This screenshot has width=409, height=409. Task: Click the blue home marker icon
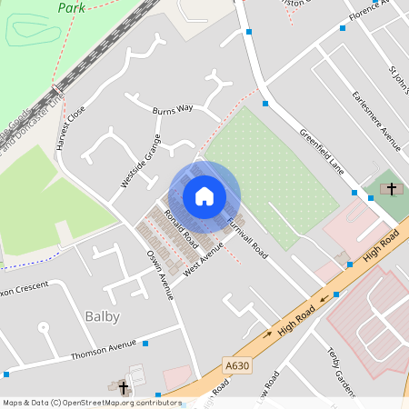[x=204, y=196]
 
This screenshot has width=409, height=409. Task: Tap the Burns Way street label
[x=173, y=108]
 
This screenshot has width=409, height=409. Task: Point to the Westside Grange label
[x=141, y=162]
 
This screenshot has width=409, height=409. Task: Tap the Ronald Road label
[x=182, y=229]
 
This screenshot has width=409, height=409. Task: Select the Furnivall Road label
[x=246, y=235]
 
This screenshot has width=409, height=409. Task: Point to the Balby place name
[x=102, y=316]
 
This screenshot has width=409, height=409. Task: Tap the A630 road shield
[x=236, y=365]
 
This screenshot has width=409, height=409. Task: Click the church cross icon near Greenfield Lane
[x=392, y=189]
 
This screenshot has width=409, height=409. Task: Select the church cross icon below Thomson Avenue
[x=124, y=388]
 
